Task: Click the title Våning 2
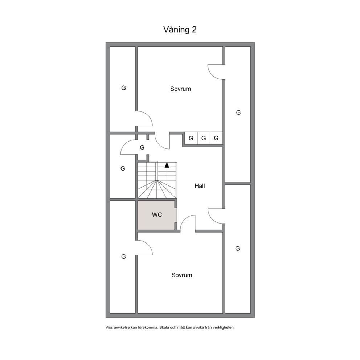tap(180, 30)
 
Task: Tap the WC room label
tap(157, 215)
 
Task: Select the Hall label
tap(200, 186)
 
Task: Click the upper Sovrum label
tap(180, 89)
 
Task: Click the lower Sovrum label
tap(181, 275)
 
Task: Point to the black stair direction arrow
tap(167, 165)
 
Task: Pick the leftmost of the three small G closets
tap(191, 138)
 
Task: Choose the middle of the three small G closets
tap(204, 138)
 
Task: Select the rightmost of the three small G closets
tap(216, 138)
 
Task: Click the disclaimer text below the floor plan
tap(170, 327)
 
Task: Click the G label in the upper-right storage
tap(238, 112)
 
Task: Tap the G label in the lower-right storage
tap(237, 249)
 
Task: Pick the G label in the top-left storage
tap(123, 88)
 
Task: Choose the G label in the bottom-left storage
tap(123, 257)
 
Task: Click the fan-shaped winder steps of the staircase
tap(157, 189)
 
